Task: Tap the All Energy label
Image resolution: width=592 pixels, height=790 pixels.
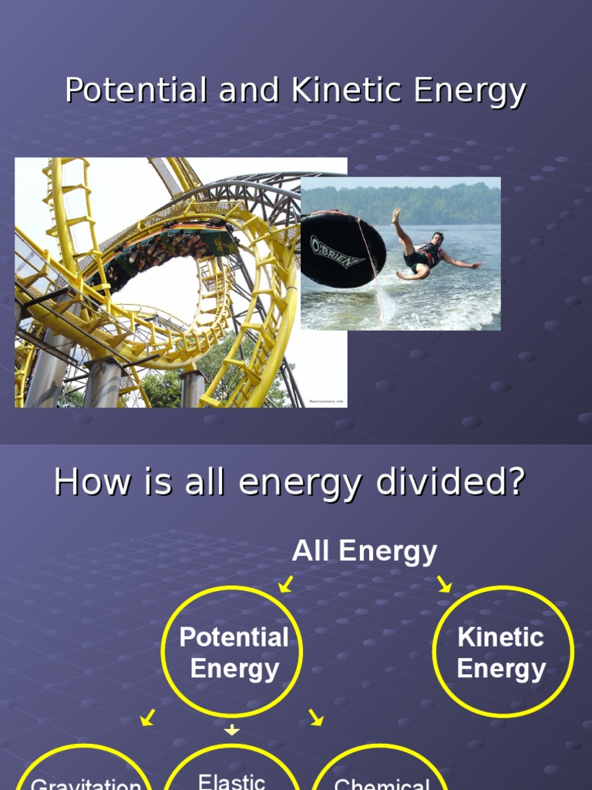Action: [364, 552]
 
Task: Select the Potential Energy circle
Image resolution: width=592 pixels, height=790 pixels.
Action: [232, 652]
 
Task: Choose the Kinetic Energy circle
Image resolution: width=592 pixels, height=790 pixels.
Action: [503, 652]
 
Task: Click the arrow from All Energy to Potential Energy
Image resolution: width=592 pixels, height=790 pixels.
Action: [286, 585]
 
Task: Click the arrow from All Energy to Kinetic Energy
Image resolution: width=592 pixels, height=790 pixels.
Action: [444, 584]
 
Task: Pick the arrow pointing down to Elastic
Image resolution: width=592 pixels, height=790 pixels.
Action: [232, 729]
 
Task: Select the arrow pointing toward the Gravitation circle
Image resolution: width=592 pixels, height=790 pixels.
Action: [147, 718]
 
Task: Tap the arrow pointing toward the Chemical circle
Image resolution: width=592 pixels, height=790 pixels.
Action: [315, 718]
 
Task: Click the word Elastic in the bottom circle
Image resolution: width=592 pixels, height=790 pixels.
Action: [232, 781]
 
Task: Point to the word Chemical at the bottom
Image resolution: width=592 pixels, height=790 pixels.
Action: [382, 785]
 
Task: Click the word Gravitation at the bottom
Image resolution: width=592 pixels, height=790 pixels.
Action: [86, 785]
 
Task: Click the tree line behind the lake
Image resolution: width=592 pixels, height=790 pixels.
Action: [401, 202]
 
